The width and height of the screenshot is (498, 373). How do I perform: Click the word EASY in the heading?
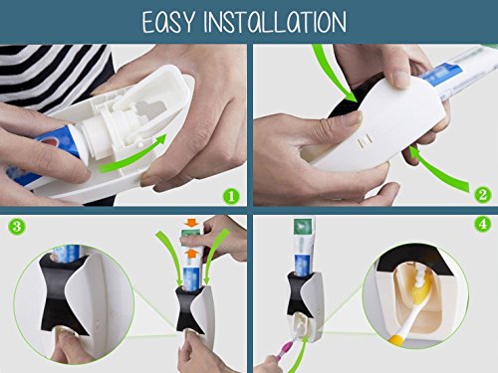(168, 22)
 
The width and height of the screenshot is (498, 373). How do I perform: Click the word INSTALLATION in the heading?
(275, 22)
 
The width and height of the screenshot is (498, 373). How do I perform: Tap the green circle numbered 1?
(231, 196)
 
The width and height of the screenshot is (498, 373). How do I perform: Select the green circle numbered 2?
(482, 195)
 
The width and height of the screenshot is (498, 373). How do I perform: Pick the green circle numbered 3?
(16, 227)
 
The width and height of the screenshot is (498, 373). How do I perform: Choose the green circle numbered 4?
(482, 224)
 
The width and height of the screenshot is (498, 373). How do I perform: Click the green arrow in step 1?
(132, 156)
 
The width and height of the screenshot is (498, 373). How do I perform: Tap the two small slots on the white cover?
(365, 142)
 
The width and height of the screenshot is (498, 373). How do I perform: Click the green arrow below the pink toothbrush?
(297, 355)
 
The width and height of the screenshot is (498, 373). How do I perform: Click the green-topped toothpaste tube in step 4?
(304, 246)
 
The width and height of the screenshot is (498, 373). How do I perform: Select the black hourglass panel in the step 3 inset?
(63, 291)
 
